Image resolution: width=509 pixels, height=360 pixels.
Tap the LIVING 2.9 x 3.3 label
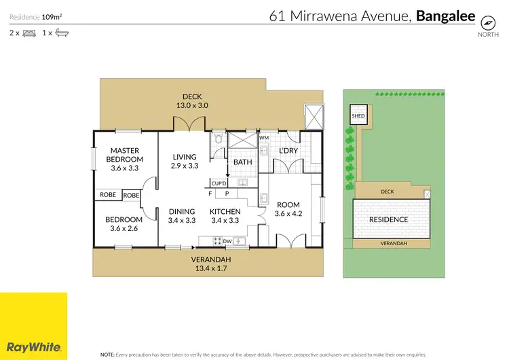click(183, 160)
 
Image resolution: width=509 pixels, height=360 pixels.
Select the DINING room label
click(182, 215)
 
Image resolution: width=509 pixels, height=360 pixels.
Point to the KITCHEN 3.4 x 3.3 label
click(225, 215)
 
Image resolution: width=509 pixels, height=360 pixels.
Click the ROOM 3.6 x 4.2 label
click(287, 209)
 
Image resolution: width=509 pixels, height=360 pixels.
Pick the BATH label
click(242, 162)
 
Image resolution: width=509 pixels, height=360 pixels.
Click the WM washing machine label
click(264, 138)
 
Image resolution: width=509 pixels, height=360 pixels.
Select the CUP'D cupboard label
click(219, 183)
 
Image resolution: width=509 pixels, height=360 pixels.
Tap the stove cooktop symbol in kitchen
click(219, 240)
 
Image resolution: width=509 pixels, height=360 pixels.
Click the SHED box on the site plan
click(358, 116)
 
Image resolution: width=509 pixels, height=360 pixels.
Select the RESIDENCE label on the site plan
click(388, 219)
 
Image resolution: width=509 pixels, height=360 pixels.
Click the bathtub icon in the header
click(62, 32)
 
